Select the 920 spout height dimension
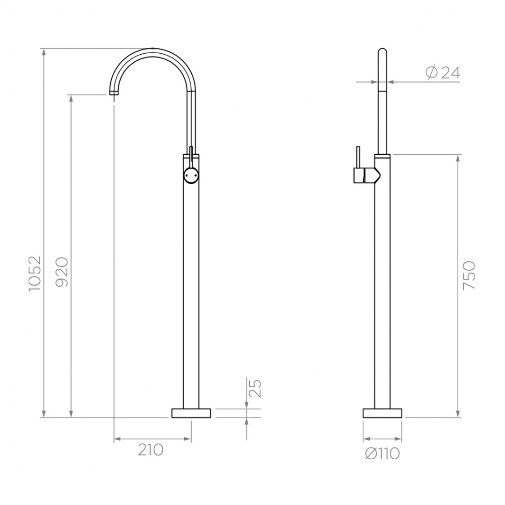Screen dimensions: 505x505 coord(63,272)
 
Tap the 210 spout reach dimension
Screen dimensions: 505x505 coord(150,450)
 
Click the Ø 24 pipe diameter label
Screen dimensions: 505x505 coord(443,72)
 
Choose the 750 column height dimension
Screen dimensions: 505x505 coord(469,275)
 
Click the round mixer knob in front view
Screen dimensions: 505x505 coord(191,175)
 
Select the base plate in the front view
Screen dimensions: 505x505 coord(191,413)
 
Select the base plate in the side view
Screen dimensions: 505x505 coord(382,413)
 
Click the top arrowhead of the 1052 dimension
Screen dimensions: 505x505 coord(44,51)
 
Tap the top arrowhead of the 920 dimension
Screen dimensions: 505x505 coord(71,99)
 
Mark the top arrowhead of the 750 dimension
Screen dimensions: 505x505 coord(458,158)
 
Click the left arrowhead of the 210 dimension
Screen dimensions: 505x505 coord(117,439)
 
